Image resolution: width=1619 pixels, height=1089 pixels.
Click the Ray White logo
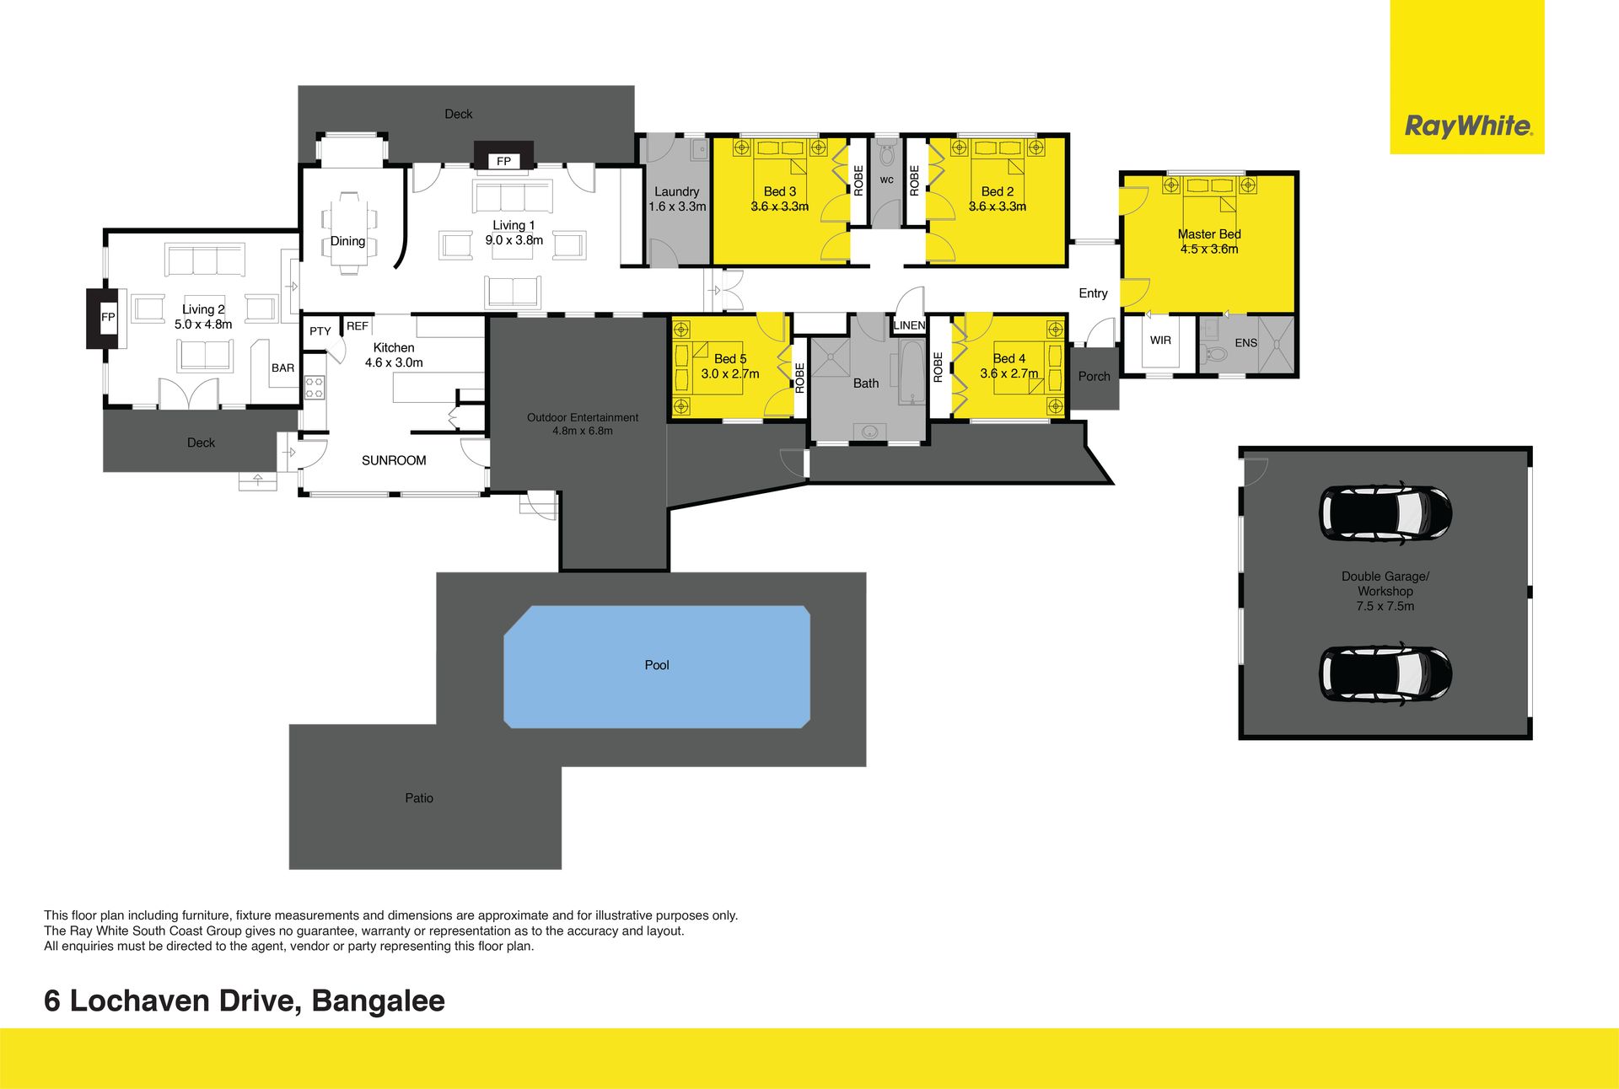tap(1467, 126)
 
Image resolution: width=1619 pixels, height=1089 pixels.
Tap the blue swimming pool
tap(657, 667)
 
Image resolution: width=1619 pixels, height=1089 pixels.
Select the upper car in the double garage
tap(1385, 512)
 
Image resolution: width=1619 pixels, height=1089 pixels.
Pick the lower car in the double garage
tap(1385, 673)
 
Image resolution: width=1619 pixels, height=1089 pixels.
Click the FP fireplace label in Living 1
tap(503, 161)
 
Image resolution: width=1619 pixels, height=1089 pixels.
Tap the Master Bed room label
tap(1209, 234)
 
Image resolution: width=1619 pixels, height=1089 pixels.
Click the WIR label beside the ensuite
tap(1160, 341)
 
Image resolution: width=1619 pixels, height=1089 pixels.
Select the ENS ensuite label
tap(1245, 343)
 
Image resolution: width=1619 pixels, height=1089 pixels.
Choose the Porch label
tap(1094, 377)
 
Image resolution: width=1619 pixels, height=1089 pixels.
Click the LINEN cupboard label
tap(909, 325)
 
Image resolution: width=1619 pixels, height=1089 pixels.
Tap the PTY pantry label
tap(320, 331)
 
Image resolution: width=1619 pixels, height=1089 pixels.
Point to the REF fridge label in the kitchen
tap(358, 326)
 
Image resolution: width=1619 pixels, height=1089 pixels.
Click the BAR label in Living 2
tap(283, 368)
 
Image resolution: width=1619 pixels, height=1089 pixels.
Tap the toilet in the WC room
tap(886, 154)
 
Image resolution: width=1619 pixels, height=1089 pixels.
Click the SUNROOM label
tap(394, 460)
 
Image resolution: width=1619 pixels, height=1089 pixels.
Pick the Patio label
tap(419, 798)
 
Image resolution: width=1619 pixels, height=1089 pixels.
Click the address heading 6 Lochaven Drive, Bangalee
tap(245, 1000)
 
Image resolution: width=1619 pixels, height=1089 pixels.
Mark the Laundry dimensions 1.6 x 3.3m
tap(677, 207)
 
